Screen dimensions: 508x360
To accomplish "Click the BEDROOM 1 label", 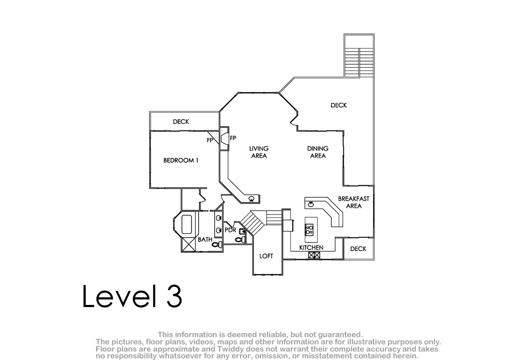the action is point(181,161).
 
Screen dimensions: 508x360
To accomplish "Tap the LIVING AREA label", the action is point(259,152).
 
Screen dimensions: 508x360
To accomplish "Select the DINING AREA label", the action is point(318,152).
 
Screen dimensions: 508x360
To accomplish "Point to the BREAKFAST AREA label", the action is point(353,202).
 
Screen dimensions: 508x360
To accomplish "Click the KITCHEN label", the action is point(311,248).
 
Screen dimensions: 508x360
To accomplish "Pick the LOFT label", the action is point(266,256).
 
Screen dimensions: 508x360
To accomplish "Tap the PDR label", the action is point(230,230).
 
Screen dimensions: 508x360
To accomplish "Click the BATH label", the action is point(205,240).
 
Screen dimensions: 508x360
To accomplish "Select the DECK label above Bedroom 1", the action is point(181,122).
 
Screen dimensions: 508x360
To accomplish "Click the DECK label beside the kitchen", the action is point(358,249).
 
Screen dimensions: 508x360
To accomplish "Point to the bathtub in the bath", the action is point(187,224).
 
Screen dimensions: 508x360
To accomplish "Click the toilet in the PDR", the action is point(240,239).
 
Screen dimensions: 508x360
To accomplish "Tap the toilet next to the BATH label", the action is point(217,244).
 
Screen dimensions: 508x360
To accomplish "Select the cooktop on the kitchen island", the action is point(309,229).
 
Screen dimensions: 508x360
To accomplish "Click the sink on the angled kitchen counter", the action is point(311,205).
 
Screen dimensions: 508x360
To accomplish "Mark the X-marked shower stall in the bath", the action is point(188,244).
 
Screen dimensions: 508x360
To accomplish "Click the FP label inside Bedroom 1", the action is point(210,141).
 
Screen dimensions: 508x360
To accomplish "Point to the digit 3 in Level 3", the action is point(174,296).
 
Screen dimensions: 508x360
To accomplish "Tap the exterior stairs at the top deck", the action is point(359,62).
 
